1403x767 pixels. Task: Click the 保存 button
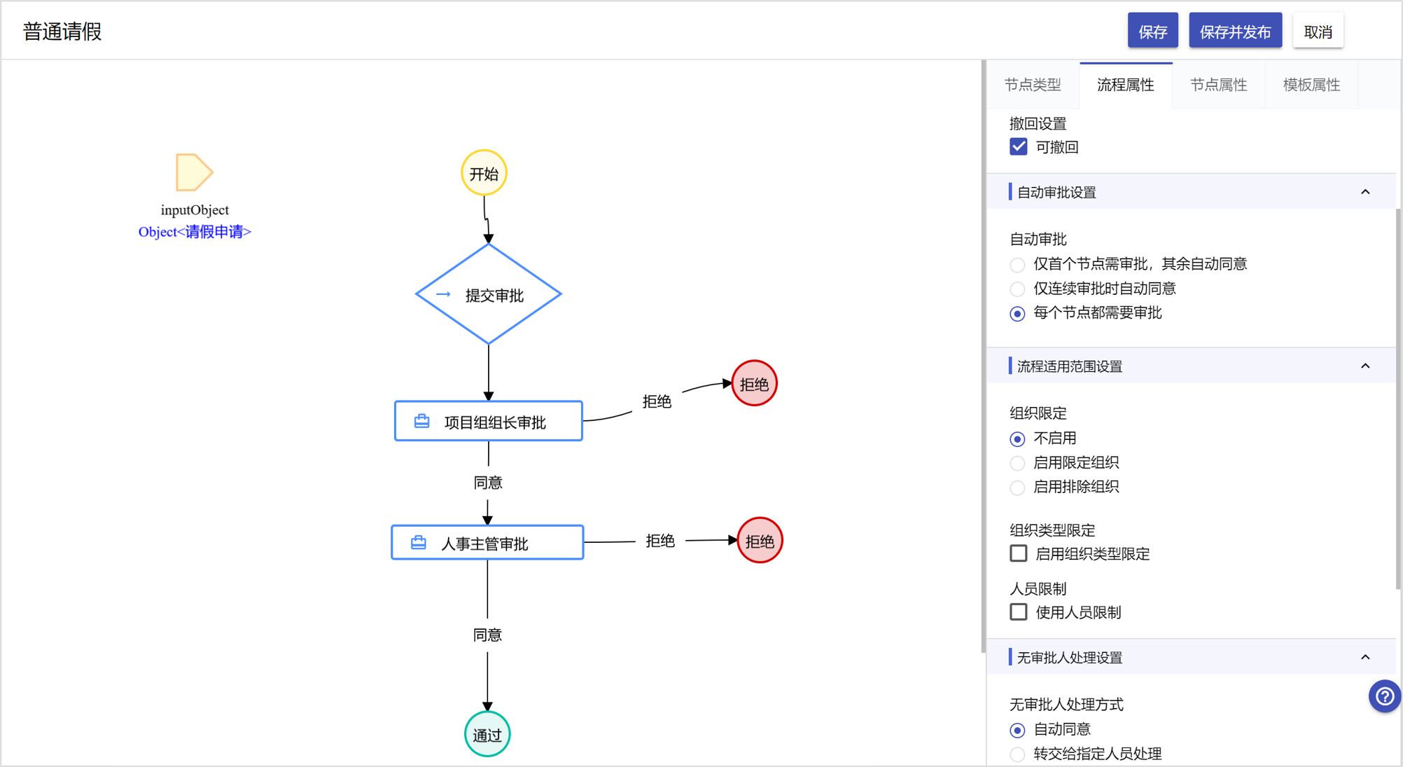pyautogui.click(x=1152, y=31)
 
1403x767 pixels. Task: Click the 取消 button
pyautogui.click(x=1318, y=31)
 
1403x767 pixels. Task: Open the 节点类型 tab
pyautogui.click(x=1033, y=85)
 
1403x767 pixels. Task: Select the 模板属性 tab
pyautogui.click(x=1311, y=85)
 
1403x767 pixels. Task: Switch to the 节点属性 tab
pyautogui.click(x=1219, y=85)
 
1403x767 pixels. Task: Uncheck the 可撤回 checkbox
pyautogui.click(x=1019, y=147)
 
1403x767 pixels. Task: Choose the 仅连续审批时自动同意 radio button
pyautogui.click(x=1017, y=289)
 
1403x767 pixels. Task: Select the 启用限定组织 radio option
pyautogui.click(x=1017, y=464)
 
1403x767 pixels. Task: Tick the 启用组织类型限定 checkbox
pyautogui.click(x=1019, y=553)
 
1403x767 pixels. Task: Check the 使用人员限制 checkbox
pyautogui.click(x=1019, y=612)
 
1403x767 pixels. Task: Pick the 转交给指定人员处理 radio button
pyautogui.click(x=1017, y=754)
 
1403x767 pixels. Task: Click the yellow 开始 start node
pyautogui.click(x=484, y=173)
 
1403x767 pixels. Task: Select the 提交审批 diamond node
pyautogui.click(x=489, y=294)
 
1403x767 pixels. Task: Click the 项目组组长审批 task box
pyautogui.click(x=489, y=421)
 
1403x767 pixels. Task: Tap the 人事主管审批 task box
pyautogui.click(x=487, y=543)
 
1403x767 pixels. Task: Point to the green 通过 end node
pyautogui.click(x=487, y=734)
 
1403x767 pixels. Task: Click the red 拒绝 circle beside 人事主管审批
pyautogui.click(x=760, y=540)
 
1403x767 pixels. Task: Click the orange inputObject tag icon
pyautogui.click(x=194, y=172)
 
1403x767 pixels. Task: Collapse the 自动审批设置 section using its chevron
pyautogui.click(x=1365, y=192)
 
